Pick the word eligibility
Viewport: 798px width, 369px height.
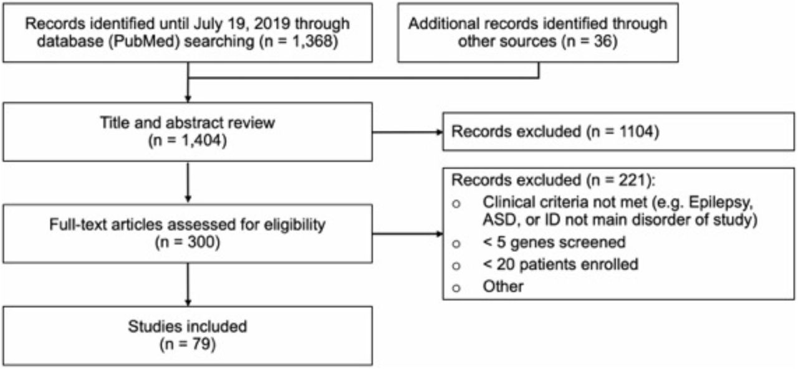tap(294, 225)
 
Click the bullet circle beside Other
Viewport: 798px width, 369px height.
tap(456, 288)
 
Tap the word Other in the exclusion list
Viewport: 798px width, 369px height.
tap(503, 287)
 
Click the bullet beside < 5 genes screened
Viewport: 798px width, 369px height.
tap(456, 244)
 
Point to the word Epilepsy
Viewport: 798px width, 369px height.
tap(721, 203)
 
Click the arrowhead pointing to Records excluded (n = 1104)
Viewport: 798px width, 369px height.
tap(440, 132)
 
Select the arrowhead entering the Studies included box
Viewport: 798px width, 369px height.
tap(188, 302)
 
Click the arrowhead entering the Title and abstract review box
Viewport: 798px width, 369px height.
tap(188, 98)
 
